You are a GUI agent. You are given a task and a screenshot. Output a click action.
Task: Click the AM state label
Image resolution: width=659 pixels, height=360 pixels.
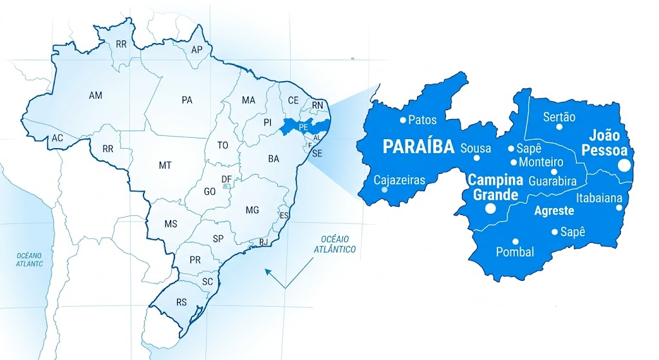pyautogui.click(x=95, y=95)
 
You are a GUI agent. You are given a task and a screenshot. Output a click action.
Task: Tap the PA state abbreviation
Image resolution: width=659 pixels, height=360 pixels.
pyautogui.click(x=187, y=100)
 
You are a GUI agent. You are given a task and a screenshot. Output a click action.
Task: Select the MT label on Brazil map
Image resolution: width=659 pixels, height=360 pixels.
pyautogui.click(x=165, y=166)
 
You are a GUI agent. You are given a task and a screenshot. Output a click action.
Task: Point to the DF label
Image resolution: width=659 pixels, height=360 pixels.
pyautogui.click(x=226, y=179)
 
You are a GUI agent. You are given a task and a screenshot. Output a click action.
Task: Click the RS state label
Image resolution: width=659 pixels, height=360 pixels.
pyautogui.click(x=182, y=301)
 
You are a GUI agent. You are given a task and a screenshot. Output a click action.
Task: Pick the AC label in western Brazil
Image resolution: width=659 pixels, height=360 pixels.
pyautogui.click(x=57, y=138)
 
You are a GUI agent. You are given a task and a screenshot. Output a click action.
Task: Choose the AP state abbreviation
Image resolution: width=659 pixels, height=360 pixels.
pyautogui.click(x=198, y=50)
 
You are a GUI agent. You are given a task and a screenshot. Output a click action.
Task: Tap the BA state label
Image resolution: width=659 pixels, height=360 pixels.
pyautogui.click(x=274, y=158)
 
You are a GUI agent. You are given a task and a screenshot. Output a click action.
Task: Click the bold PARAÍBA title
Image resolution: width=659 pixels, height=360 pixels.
pyautogui.click(x=418, y=147)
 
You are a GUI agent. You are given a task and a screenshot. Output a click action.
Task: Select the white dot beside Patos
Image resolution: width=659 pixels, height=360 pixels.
pyautogui.click(x=403, y=119)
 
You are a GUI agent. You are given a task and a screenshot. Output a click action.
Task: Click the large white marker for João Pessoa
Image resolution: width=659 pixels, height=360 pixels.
pyautogui.click(x=624, y=166)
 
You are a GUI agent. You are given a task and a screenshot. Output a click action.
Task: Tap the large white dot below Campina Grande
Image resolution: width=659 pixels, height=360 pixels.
pyautogui.click(x=490, y=208)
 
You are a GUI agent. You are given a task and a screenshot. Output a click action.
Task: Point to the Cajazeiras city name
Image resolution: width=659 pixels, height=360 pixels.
pyautogui.click(x=400, y=180)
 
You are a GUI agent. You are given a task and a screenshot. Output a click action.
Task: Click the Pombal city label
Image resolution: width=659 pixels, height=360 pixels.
pyautogui.click(x=515, y=252)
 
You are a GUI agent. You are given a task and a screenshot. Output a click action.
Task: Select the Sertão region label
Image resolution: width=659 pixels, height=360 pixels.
pyautogui.click(x=559, y=117)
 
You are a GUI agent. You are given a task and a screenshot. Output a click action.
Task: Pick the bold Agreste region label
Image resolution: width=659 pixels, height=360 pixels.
pyautogui.click(x=554, y=210)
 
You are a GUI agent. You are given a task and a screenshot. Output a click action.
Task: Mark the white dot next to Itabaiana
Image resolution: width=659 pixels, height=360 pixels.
pyautogui.click(x=619, y=207)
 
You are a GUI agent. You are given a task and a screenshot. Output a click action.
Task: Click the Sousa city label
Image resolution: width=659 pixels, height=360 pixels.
pyautogui.click(x=476, y=149)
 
